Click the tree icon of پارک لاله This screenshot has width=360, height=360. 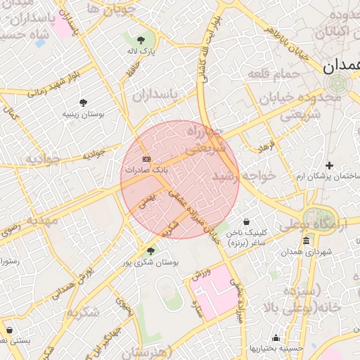(x=141, y=40)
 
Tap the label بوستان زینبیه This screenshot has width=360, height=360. (x=83, y=113)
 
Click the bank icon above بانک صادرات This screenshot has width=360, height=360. (x=146, y=159)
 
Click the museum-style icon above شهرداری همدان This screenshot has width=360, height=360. (x=306, y=241)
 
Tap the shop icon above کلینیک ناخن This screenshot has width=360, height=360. (x=246, y=221)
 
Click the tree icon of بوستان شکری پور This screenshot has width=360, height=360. (x=150, y=251)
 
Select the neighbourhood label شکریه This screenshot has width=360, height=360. (x=84, y=311)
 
